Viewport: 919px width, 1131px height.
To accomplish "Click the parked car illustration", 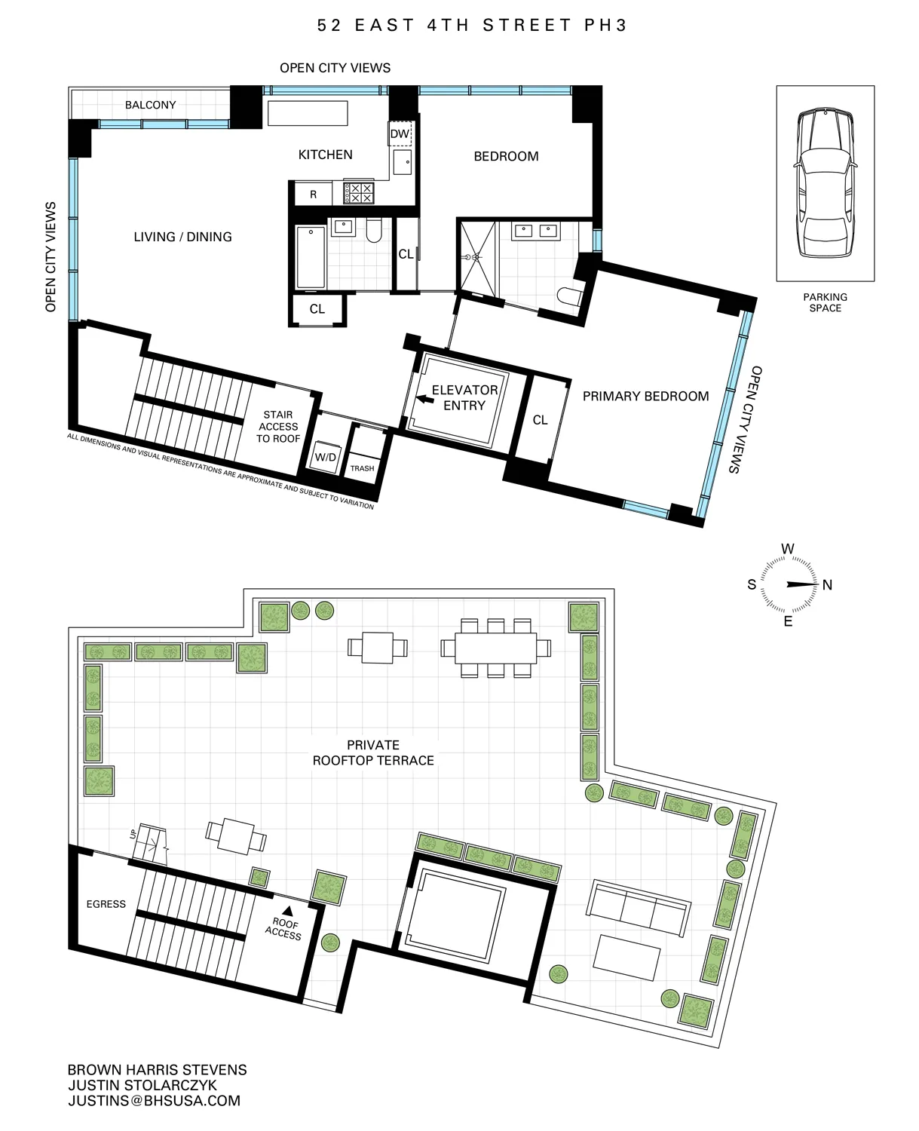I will click(825, 183).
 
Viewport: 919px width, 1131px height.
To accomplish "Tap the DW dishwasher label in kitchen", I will click(400, 134).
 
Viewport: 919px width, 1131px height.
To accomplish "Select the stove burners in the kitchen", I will click(359, 193).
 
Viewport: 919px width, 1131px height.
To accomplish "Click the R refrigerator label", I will click(314, 195).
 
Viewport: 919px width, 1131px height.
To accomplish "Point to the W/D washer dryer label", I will click(326, 458).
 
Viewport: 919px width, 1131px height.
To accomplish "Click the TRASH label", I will click(362, 468).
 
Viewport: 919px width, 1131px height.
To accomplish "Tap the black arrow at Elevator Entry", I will click(424, 401).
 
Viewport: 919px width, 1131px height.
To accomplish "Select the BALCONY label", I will click(151, 105).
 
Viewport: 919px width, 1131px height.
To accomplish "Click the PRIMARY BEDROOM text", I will click(645, 396).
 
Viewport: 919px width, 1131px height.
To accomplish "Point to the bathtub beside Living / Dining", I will click(311, 257).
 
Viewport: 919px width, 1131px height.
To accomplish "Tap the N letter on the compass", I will click(827, 585).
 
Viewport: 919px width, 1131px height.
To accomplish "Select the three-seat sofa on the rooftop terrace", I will click(639, 907).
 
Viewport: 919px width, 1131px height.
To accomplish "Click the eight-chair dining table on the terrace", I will click(496, 648).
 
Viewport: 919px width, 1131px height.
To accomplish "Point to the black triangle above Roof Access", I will click(287, 911).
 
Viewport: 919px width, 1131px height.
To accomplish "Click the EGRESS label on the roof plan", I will click(106, 904).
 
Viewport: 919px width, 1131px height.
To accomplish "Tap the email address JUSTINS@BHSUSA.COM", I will click(154, 1101).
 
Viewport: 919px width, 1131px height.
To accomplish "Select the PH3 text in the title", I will click(605, 25).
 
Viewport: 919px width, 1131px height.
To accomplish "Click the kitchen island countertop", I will click(308, 113).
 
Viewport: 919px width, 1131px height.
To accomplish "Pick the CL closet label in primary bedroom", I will click(540, 420).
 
